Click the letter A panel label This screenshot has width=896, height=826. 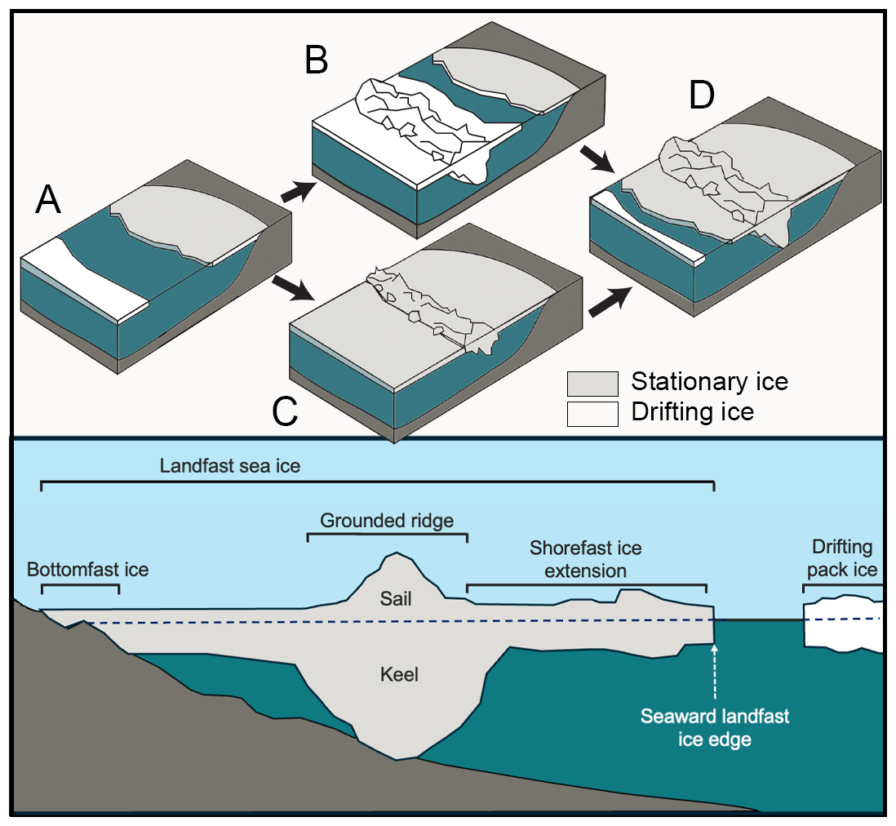coord(48,200)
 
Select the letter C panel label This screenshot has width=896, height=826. coord(284,413)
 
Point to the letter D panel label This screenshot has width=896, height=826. coord(701,96)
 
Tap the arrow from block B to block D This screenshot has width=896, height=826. coord(598,158)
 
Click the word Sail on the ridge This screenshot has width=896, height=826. coord(396,599)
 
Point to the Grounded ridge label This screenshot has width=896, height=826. coord(387,521)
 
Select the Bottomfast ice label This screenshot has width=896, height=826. coord(87,569)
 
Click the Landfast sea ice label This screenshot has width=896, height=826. coord(230,467)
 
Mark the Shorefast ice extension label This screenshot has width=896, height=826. coord(585,558)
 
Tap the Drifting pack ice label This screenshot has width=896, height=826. coord(842,558)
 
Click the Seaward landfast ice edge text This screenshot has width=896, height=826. coord(715,728)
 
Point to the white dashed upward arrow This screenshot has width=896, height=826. coord(715,673)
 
